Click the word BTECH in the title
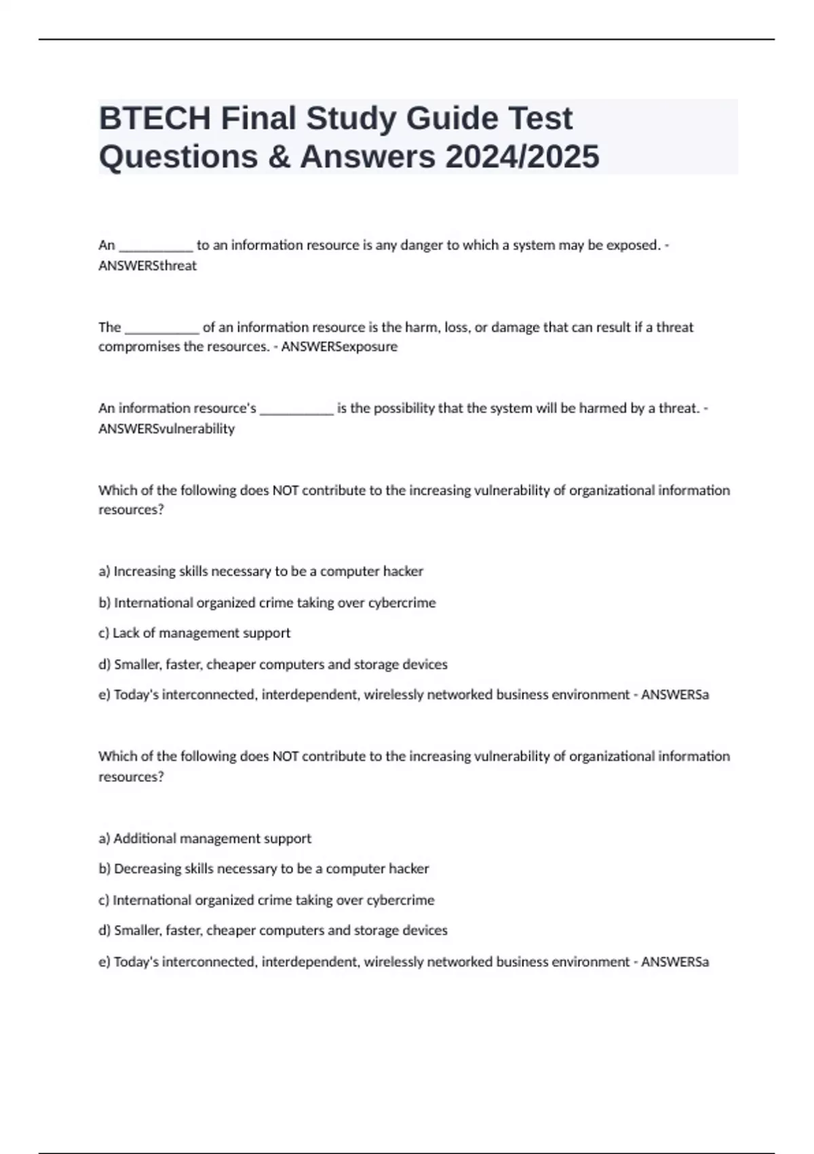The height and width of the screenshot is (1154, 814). (x=155, y=118)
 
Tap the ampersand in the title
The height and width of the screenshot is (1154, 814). (x=278, y=157)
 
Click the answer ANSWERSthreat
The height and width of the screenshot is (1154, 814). (x=147, y=266)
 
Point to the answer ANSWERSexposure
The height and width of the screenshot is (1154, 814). (x=339, y=347)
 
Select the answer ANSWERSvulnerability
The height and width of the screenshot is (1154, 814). (x=166, y=429)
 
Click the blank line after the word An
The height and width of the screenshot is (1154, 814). (x=155, y=246)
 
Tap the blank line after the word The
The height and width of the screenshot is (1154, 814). (x=161, y=328)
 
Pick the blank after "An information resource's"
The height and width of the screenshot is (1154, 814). (x=296, y=409)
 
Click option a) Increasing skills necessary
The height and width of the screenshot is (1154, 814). (x=260, y=572)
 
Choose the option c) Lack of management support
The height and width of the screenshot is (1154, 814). (x=194, y=633)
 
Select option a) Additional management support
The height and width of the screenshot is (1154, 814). (x=205, y=839)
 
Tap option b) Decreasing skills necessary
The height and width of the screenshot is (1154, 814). (x=264, y=869)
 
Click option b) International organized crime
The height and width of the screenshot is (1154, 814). (x=267, y=603)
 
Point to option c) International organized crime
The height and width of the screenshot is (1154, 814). (x=266, y=900)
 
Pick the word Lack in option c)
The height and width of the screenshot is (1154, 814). (x=125, y=633)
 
